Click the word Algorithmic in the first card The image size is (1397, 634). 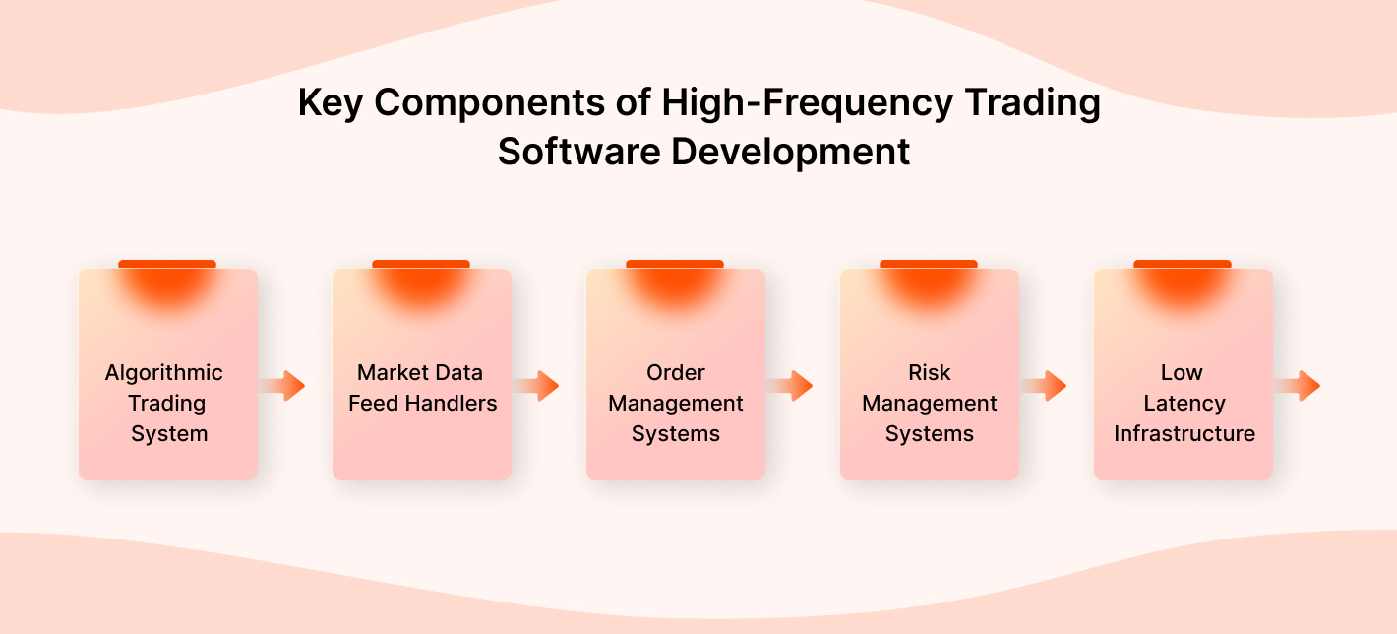164,373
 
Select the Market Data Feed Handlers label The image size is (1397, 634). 422,388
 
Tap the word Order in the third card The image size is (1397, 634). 676,373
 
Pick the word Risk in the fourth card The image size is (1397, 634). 930,373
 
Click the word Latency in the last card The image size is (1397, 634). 1184,404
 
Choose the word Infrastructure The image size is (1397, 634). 1184,434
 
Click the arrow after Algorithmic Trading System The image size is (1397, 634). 283,386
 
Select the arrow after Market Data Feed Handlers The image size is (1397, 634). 537,386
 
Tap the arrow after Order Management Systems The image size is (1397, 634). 791,386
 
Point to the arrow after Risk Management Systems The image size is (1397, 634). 1045,386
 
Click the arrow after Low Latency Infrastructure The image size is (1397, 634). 1299,386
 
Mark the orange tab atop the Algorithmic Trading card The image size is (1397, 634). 167,264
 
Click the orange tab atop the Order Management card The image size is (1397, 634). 675,264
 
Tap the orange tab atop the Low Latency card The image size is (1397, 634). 1183,264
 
